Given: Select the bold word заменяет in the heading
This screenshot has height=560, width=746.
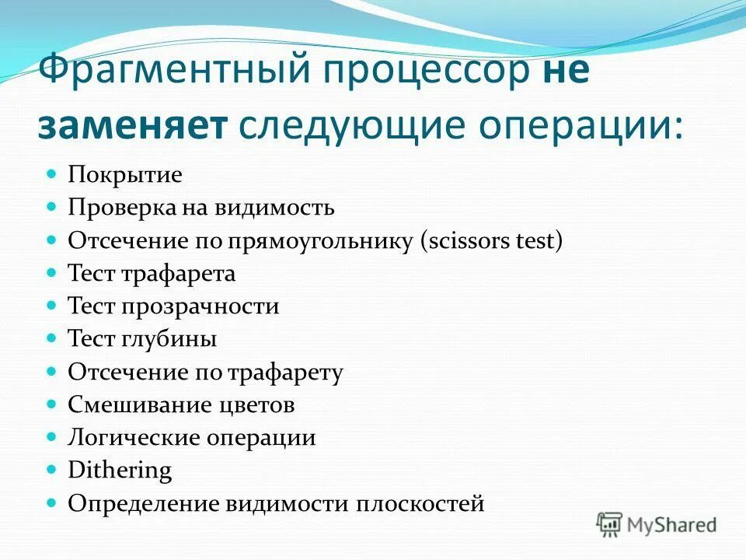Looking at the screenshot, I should pyautogui.click(x=132, y=125).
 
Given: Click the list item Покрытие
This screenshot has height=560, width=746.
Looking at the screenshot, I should pyautogui.click(x=125, y=175).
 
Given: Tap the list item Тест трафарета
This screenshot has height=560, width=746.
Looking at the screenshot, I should pyautogui.click(x=152, y=274).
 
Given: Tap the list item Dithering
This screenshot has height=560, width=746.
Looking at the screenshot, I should pyautogui.click(x=120, y=471).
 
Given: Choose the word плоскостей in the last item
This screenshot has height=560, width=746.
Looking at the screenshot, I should pyautogui.click(x=420, y=504).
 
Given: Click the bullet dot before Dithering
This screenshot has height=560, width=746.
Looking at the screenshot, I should pyautogui.click(x=53, y=470).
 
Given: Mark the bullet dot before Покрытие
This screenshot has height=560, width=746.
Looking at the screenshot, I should pyautogui.click(x=53, y=173).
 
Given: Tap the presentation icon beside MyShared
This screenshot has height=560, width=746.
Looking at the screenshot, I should pyautogui.click(x=610, y=525).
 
